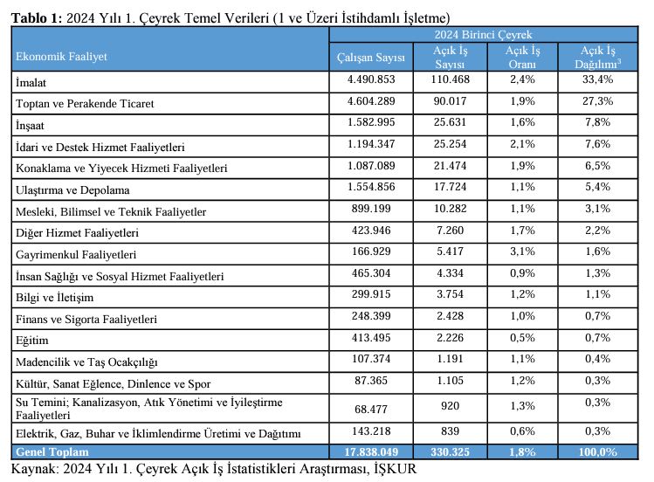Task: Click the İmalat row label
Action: pos(31,82)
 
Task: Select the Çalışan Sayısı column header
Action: pos(371,58)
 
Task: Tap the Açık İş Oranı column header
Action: pos(527,58)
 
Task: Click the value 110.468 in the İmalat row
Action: pos(450,80)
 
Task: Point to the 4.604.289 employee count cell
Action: pos(371,102)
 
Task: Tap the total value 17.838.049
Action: pos(371,451)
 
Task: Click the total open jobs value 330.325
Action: pos(450,451)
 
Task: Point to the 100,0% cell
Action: pos(598,451)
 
